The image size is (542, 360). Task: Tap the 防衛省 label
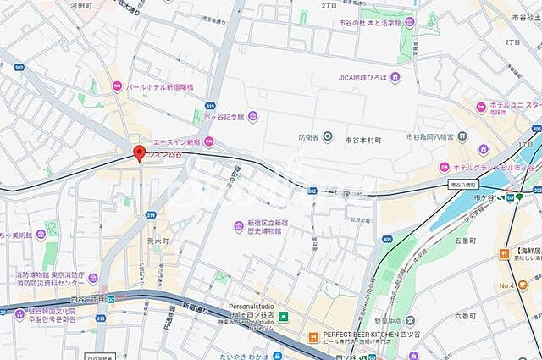coord(309,136)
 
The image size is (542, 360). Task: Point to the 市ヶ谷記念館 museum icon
coord(252,117)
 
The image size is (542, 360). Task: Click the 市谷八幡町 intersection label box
coord(464,184)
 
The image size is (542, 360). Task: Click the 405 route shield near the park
coord(386,241)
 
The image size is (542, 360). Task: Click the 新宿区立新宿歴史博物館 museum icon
coord(240,224)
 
